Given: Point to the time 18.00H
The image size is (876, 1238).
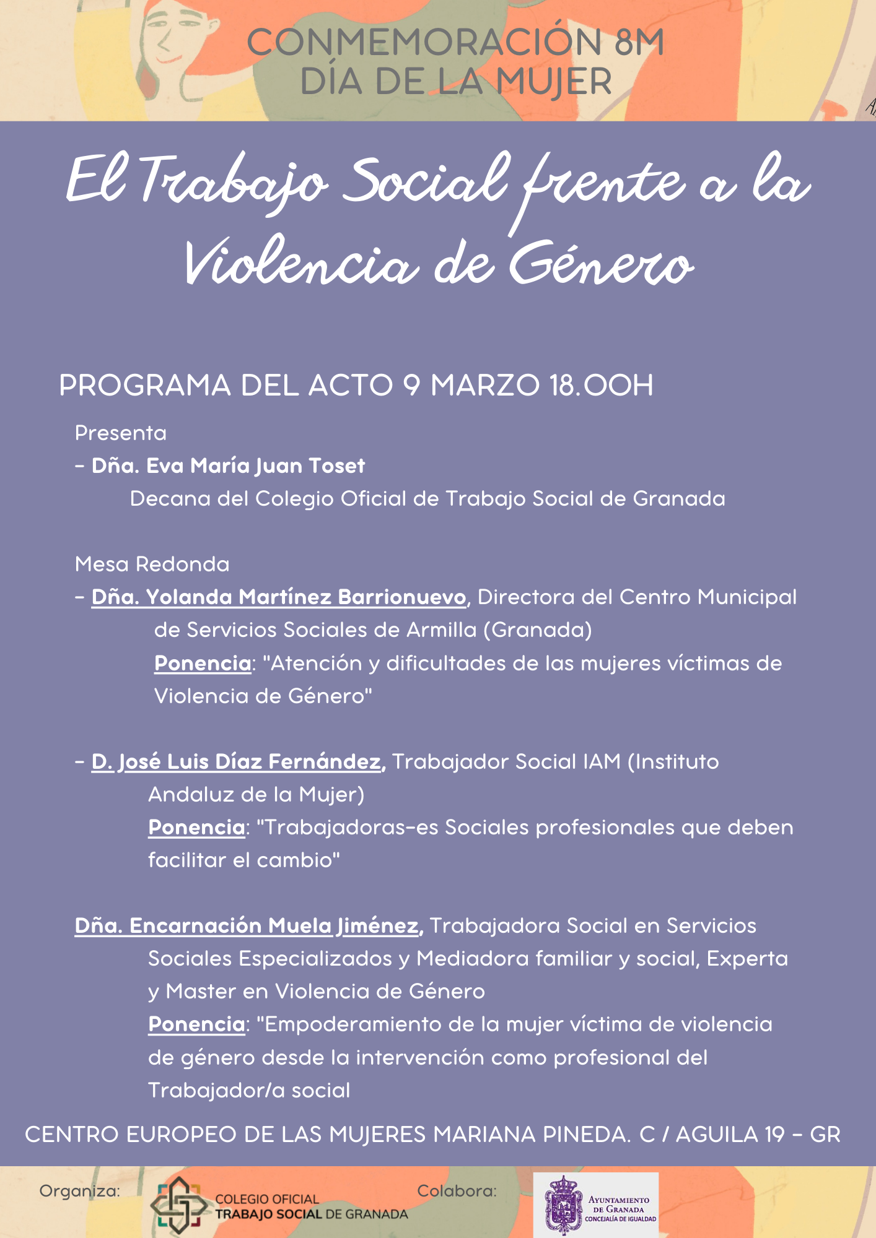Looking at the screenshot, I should coord(601,385).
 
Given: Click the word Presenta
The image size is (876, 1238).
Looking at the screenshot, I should coord(121,433).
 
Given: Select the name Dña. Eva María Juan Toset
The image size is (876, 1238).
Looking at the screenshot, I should coord(228,465).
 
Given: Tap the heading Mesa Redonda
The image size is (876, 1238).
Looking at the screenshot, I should coord(152,564).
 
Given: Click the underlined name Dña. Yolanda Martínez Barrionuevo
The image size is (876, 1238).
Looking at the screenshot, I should coord(279,597).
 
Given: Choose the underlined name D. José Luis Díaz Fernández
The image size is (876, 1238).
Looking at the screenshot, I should coord(239,761).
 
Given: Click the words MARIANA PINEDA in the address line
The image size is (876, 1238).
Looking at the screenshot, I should coord(529,1135).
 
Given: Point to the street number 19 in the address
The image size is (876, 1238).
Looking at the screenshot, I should coord(774,1135).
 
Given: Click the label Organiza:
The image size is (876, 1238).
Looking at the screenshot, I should coord(79,1191).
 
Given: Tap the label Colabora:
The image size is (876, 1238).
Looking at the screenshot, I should coord(457,1190).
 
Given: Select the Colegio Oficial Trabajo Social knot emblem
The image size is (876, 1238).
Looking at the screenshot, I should coord(179,1204).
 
